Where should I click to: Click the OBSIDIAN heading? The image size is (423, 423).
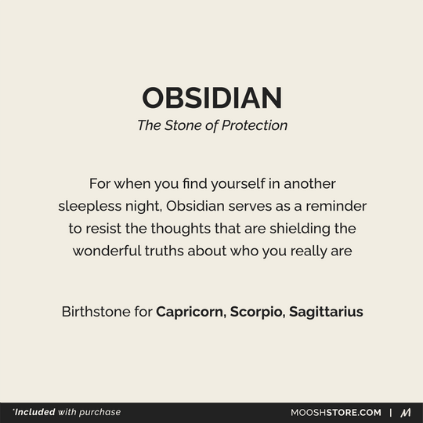[211, 99]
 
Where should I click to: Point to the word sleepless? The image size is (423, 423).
[89, 207]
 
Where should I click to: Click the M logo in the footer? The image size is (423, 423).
[406, 412]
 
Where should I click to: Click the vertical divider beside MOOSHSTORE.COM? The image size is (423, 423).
[391, 412]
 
